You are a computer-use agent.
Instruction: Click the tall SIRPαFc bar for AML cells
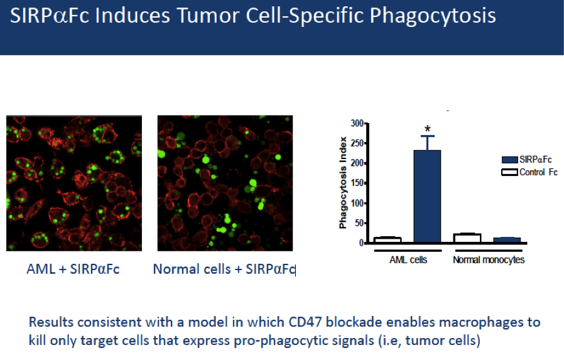[x=427, y=197]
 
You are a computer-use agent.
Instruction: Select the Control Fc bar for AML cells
[x=388, y=240]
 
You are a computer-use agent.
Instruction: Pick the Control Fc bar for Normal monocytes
[x=467, y=238]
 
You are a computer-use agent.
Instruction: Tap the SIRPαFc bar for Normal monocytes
[x=507, y=240]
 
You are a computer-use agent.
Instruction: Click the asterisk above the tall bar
[x=427, y=129]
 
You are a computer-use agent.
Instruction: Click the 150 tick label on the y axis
[x=357, y=183]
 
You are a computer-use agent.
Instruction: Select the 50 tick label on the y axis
[x=359, y=223]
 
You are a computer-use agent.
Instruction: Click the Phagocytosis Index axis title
[x=343, y=183]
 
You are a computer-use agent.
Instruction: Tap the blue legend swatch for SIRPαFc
[x=510, y=160]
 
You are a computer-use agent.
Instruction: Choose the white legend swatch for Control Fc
[x=510, y=172]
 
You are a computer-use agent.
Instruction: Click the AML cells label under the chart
[x=408, y=259]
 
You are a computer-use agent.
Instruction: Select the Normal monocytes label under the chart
[x=489, y=259]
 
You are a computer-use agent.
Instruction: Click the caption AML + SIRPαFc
[x=73, y=269]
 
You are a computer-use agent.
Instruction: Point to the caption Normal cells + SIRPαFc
[x=224, y=269]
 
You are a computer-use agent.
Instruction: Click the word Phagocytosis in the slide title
[x=433, y=16]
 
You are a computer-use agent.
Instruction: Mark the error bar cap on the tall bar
[x=427, y=136]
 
